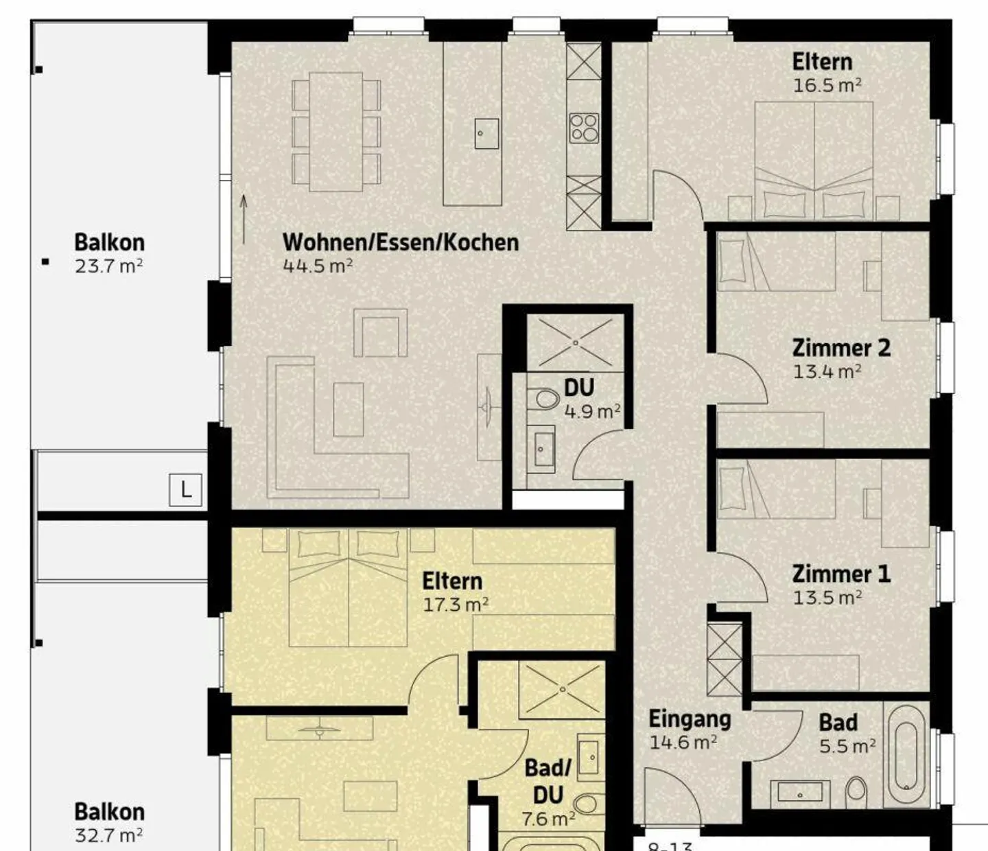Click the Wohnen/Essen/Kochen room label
click(x=401, y=242)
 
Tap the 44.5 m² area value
click(x=318, y=266)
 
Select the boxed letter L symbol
click(x=185, y=490)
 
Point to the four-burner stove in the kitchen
click(x=584, y=128)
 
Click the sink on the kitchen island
click(x=486, y=134)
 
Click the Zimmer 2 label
click(x=841, y=348)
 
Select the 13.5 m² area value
click(x=827, y=598)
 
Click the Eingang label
click(x=690, y=719)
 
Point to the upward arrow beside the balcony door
click(x=244, y=220)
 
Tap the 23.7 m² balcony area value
click(x=109, y=266)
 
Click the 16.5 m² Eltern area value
click(x=827, y=86)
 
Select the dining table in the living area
click(x=336, y=132)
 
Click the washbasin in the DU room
click(x=541, y=449)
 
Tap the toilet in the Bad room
click(x=856, y=792)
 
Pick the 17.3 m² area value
click(x=456, y=605)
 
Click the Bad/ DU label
click(x=548, y=781)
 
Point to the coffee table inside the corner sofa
click(x=349, y=409)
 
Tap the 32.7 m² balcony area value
click(x=109, y=835)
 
